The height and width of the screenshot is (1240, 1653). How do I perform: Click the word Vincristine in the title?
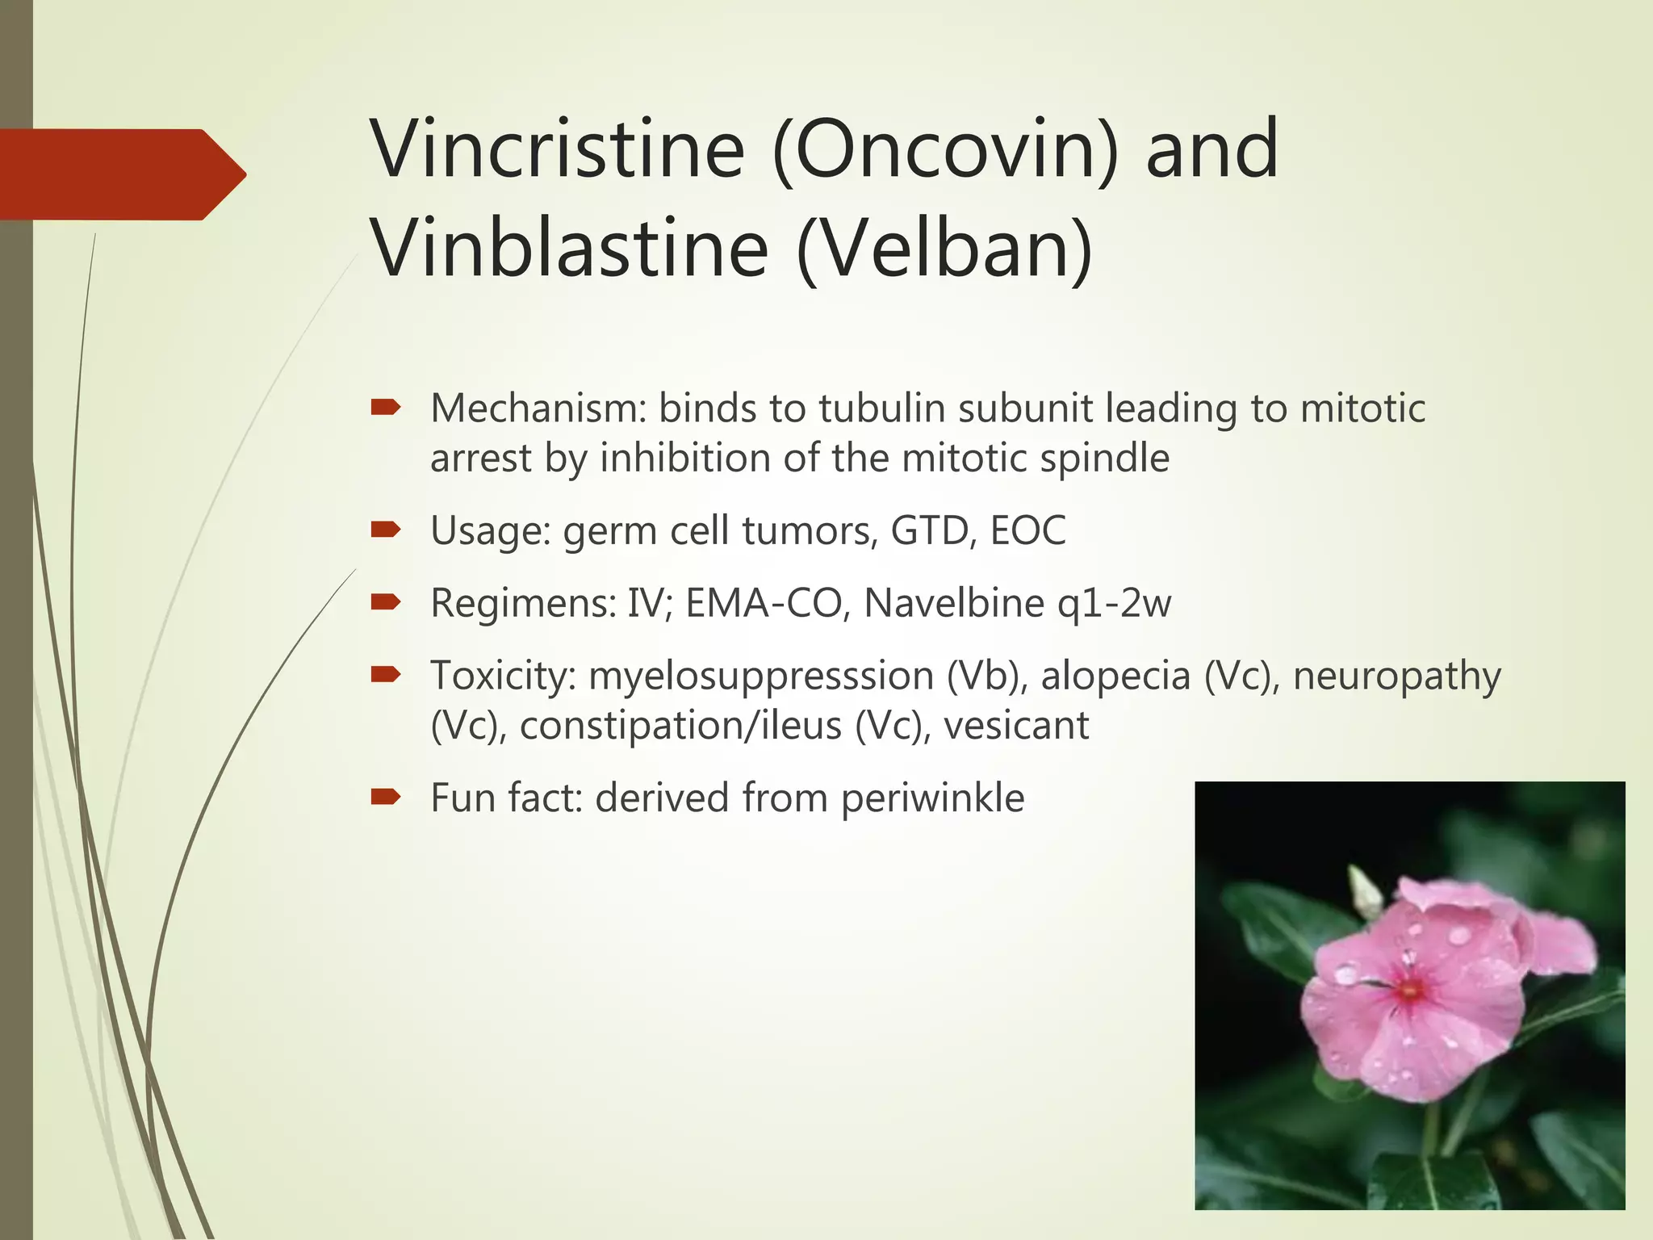(557, 149)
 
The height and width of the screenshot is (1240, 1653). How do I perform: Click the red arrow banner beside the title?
(121, 174)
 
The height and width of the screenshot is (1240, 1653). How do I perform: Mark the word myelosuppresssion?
(761, 676)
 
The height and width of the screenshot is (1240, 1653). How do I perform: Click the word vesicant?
(1016, 725)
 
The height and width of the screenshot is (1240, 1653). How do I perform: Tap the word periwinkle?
(932, 798)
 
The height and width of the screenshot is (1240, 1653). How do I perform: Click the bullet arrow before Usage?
(386, 530)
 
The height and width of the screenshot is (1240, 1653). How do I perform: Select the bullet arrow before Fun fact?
(386, 798)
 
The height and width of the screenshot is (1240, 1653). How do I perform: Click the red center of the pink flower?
(1410, 990)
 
